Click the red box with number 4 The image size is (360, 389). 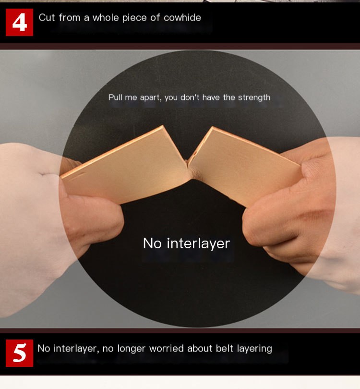[19, 22]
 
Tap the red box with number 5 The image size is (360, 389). [19, 353]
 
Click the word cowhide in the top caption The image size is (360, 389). [182, 18]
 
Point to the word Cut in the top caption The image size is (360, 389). [47, 18]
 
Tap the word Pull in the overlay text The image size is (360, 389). [115, 97]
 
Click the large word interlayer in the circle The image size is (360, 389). [198, 243]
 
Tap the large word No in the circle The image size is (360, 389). [152, 243]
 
